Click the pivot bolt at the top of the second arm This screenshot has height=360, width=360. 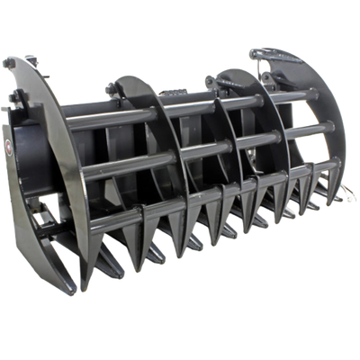(112, 87)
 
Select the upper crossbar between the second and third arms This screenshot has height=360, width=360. (189, 103)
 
